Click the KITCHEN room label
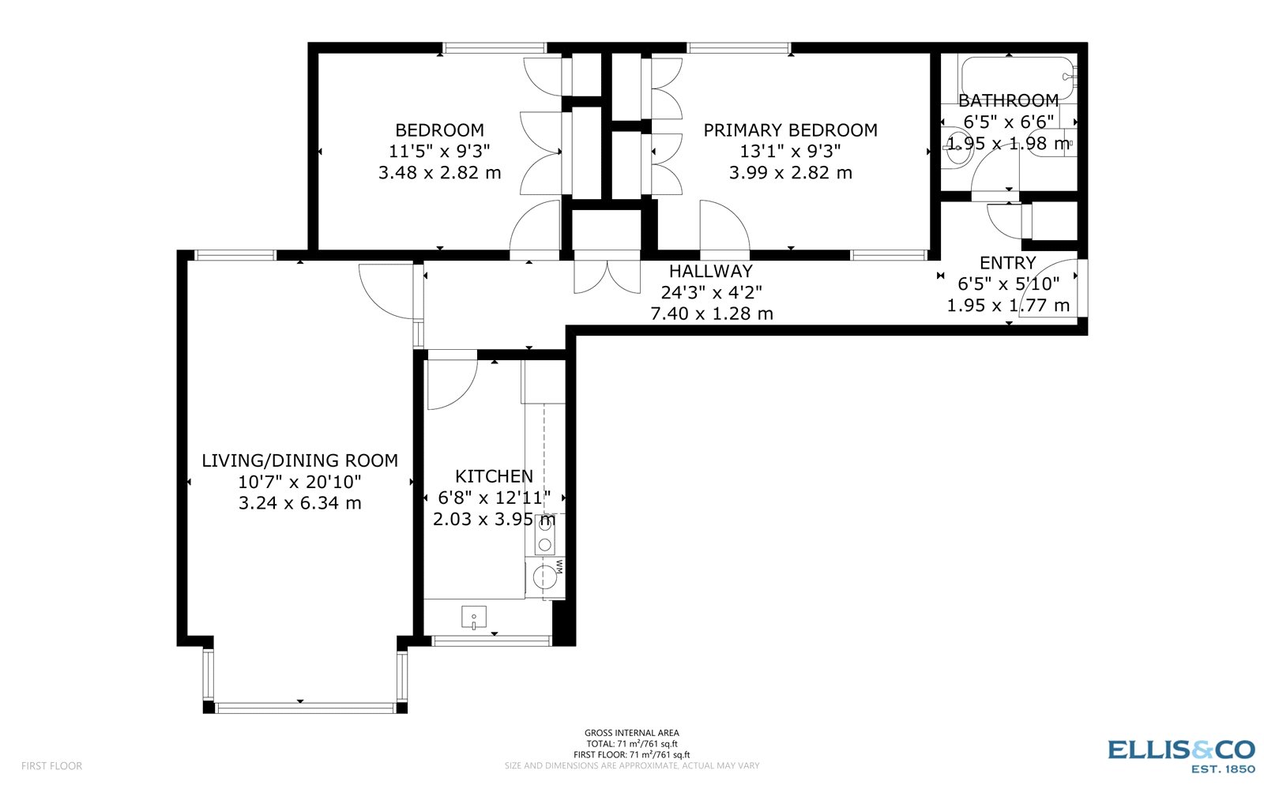click(494, 476)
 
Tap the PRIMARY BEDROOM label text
click(790, 130)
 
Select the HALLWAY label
click(710, 272)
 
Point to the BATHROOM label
click(1008, 101)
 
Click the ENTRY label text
click(1007, 263)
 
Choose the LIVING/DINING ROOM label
click(299, 460)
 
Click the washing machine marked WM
click(544, 577)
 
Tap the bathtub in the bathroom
click(1016, 77)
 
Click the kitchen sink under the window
click(474, 618)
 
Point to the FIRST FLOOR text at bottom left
click(51, 765)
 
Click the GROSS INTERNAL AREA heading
click(631, 733)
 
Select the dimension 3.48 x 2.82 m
click(439, 173)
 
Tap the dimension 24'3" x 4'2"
click(710, 292)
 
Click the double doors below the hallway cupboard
click(607, 274)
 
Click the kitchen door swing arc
click(450, 385)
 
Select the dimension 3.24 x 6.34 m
click(299, 503)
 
